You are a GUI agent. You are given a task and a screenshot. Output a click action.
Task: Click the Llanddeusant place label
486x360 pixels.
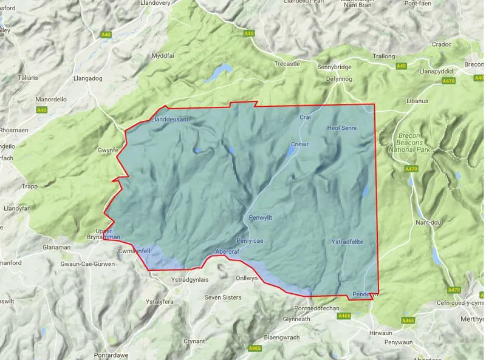pyautogui.click(x=170, y=120)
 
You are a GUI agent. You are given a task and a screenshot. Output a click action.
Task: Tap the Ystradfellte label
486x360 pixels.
pyautogui.click(x=347, y=242)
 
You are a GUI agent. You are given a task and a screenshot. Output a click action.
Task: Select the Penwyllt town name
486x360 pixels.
pyautogui.click(x=263, y=217)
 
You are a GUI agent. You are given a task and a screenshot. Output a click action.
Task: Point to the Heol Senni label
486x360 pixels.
pyautogui.click(x=343, y=128)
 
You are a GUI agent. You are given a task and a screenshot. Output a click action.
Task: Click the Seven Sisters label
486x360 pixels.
pyautogui.click(x=223, y=297)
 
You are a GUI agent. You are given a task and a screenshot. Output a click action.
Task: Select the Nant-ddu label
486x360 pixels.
pyautogui.click(x=428, y=222)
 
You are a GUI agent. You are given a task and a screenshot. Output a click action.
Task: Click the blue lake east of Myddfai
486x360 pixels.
pyautogui.click(x=217, y=72)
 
